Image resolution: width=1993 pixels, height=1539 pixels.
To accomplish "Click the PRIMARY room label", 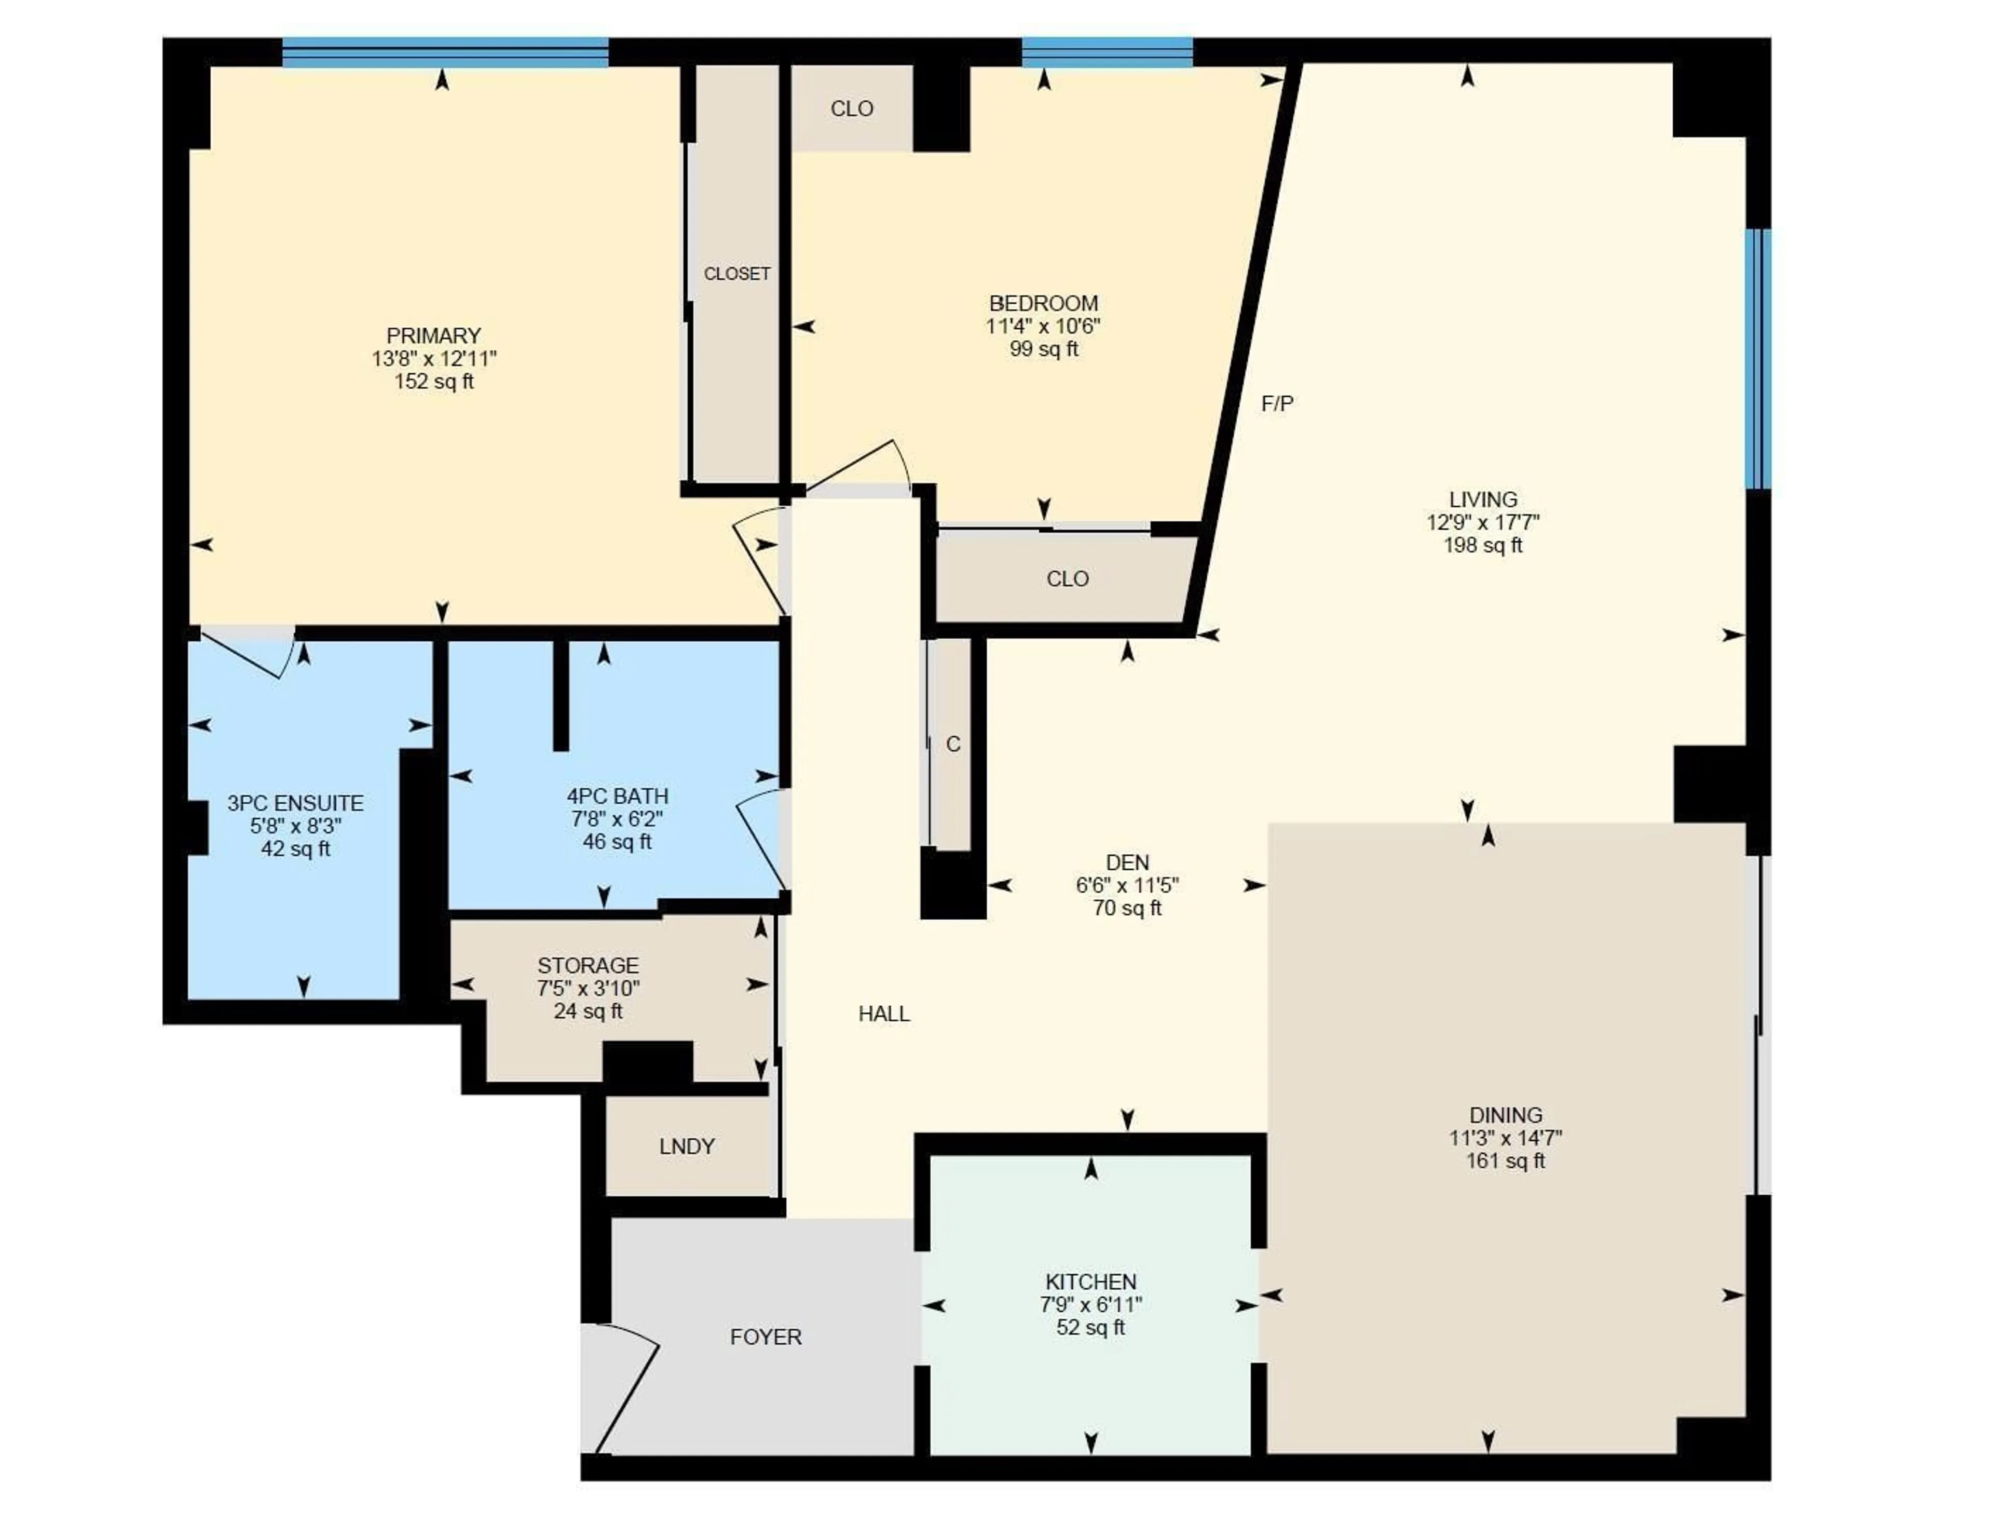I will [433, 335].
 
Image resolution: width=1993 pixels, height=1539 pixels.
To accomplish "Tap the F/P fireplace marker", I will [1277, 403].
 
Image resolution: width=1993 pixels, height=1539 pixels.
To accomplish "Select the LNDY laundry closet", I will [686, 1146].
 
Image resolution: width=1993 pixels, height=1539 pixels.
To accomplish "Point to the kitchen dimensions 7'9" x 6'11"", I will [1090, 1305].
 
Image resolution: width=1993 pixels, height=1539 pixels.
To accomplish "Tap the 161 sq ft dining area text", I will [1505, 1161].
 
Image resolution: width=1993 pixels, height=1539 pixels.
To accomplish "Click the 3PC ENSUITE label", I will [295, 803].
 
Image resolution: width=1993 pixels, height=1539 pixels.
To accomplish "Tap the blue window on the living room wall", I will [1757, 359].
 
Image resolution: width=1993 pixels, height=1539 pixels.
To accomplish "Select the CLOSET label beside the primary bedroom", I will [736, 274].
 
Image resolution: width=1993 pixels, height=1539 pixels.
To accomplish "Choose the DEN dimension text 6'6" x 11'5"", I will [1127, 885].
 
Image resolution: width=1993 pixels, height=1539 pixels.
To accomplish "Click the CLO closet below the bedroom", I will [1067, 579].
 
